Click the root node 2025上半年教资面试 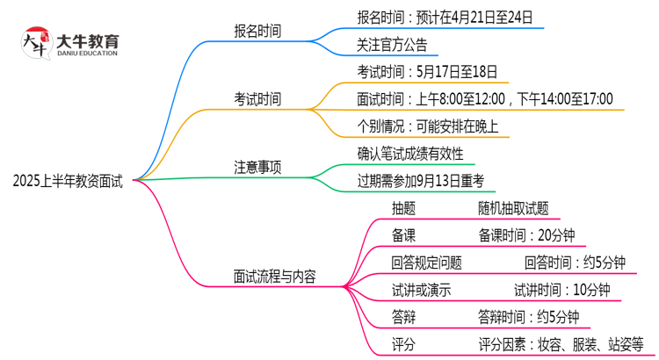point(68,182)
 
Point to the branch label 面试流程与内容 point(274,277)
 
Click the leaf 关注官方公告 point(392,44)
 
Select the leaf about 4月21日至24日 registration point(445,17)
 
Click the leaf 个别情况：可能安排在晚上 point(428,126)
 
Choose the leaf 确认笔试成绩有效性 point(410,154)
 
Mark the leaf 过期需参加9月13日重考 point(421,181)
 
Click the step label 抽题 point(403,208)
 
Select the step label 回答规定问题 point(426,262)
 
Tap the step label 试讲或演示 point(421,289)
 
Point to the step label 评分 point(403,343)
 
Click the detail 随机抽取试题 point(513,208)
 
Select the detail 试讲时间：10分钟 point(561,289)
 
